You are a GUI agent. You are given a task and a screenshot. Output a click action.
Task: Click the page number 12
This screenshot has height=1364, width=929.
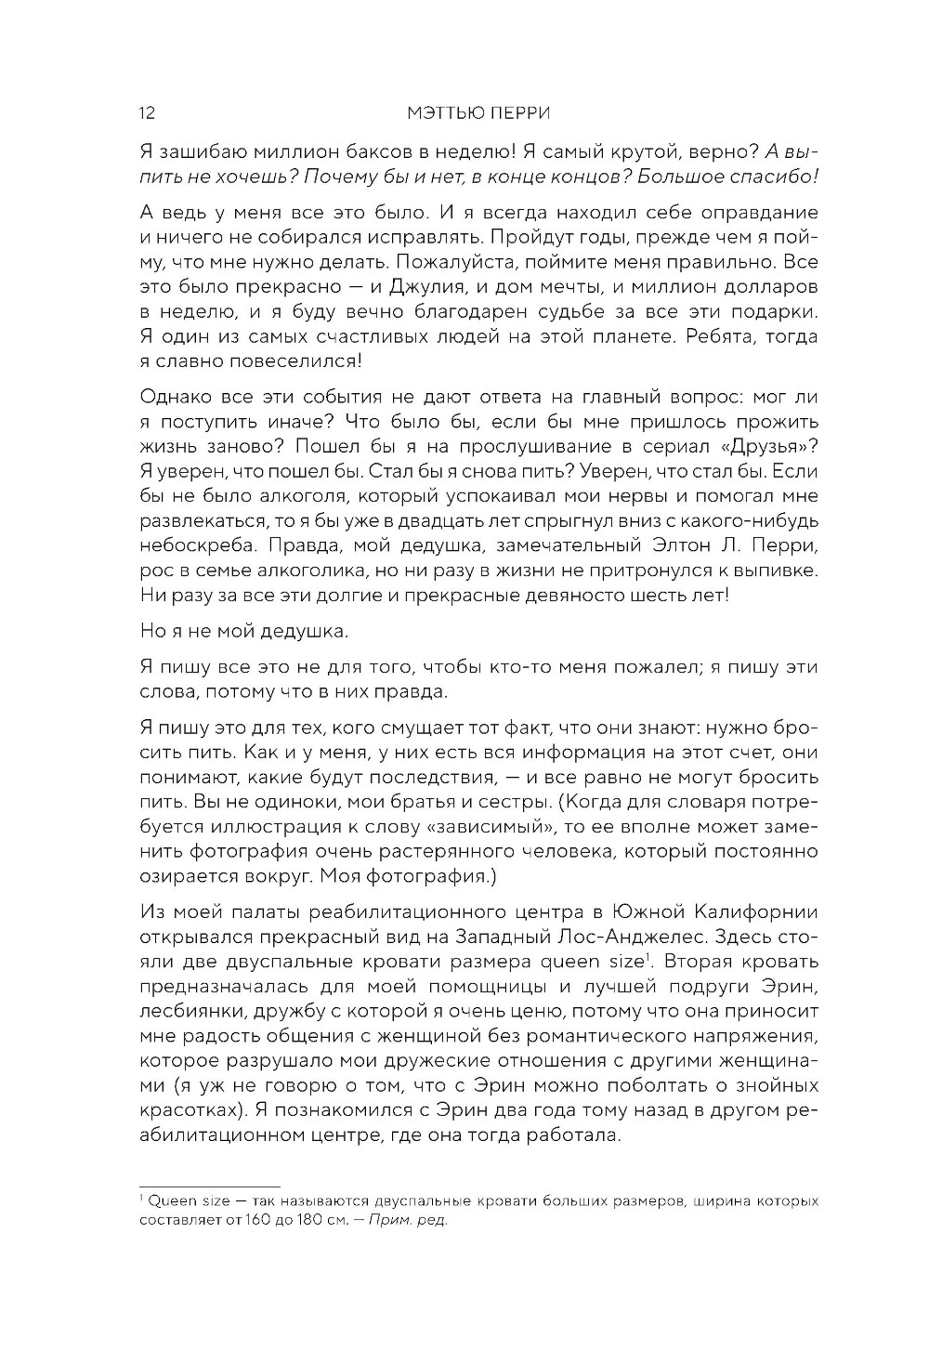pos(147,113)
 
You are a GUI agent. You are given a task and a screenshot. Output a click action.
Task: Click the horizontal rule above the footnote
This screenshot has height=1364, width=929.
pos(210,1187)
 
